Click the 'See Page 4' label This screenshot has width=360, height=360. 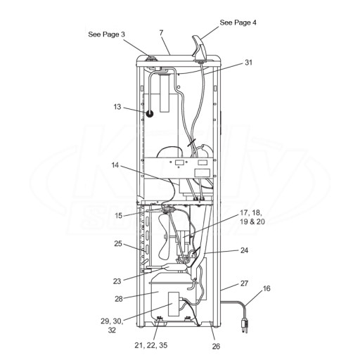click(x=238, y=22)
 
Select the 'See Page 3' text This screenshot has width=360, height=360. click(x=106, y=34)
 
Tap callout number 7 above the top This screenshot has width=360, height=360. click(x=161, y=33)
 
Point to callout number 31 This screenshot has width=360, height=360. click(x=248, y=63)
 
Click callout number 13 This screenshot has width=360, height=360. click(x=117, y=107)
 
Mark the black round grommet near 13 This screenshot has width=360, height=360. click(x=150, y=114)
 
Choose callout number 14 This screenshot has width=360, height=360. click(x=115, y=165)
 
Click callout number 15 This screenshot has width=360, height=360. click(x=119, y=216)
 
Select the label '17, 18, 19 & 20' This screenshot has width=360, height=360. click(x=252, y=217)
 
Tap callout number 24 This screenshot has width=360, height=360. click(x=244, y=250)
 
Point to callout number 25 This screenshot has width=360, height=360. click(x=118, y=244)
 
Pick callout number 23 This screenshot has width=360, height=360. click(x=117, y=281)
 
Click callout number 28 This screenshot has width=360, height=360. click(x=119, y=299)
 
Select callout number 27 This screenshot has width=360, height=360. click(x=244, y=283)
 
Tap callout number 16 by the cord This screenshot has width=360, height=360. click(x=266, y=288)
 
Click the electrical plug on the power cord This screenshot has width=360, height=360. click(x=245, y=326)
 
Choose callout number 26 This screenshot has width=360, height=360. click(x=216, y=346)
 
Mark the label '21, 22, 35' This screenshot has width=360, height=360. click(x=151, y=345)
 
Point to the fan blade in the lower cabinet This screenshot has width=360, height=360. click(x=164, y=237)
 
